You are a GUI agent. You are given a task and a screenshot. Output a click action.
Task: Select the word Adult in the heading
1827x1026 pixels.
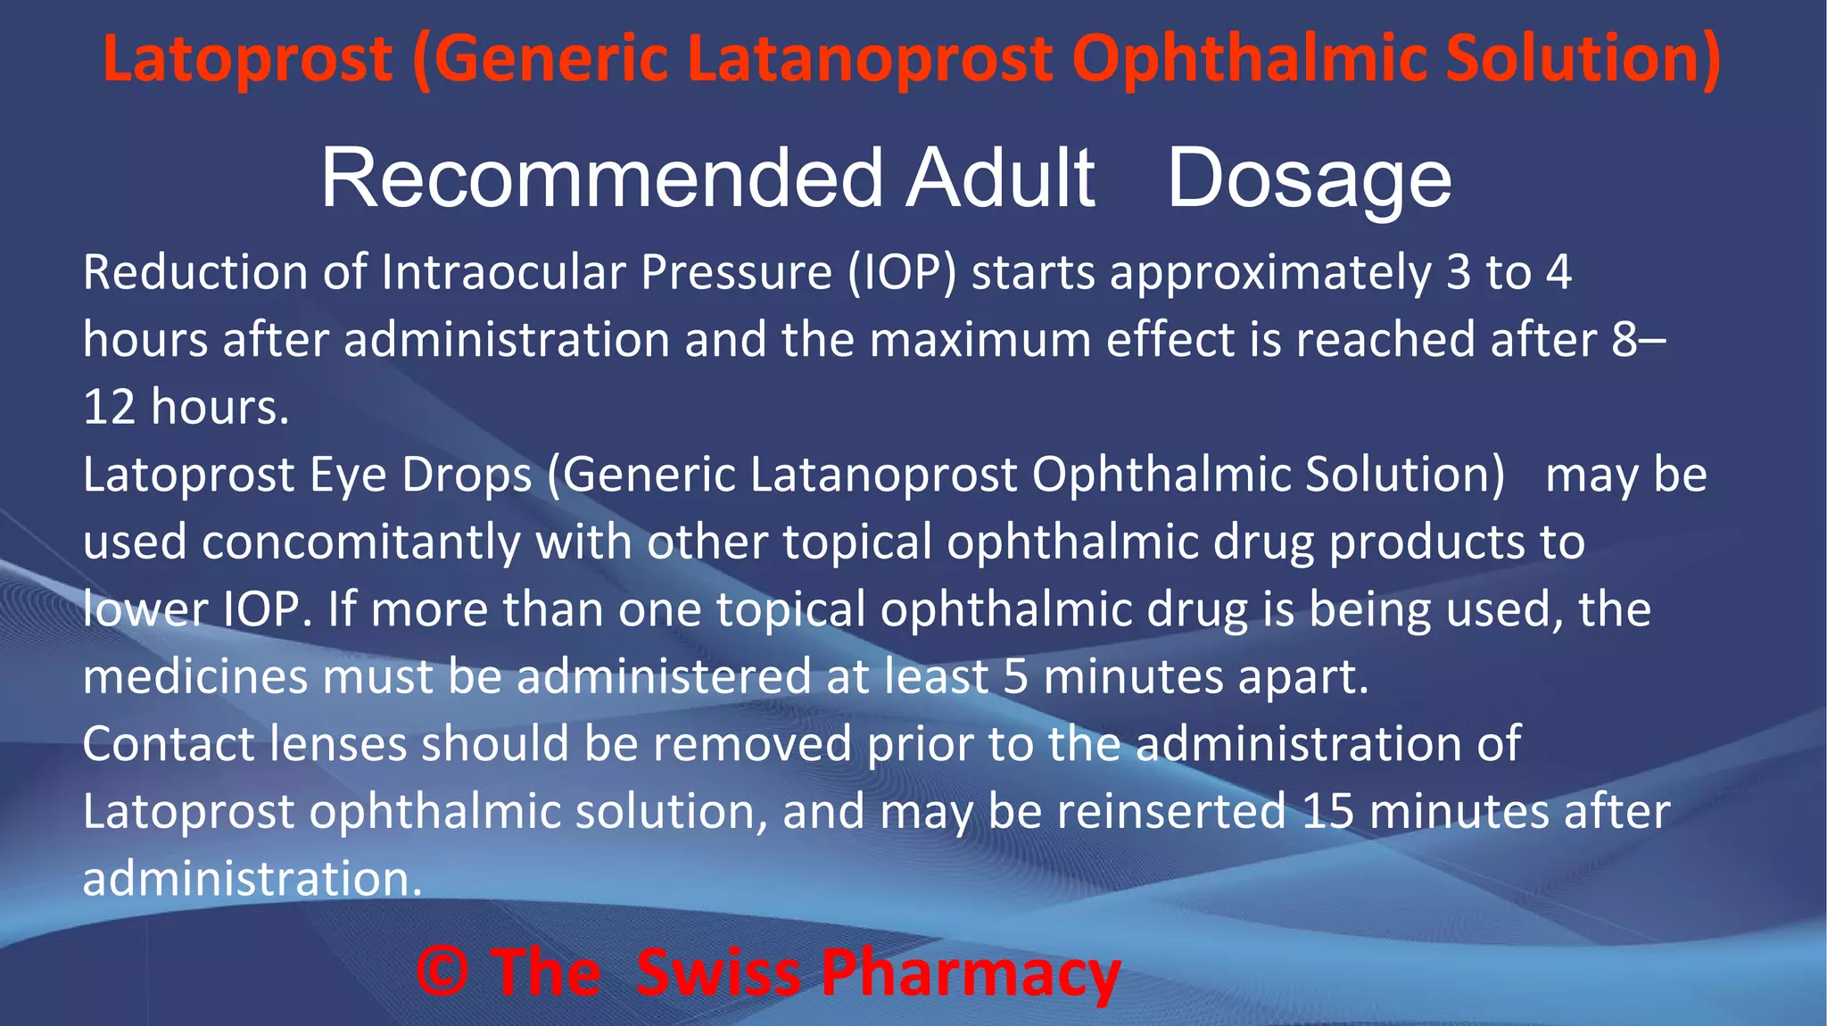tap(1000, 178)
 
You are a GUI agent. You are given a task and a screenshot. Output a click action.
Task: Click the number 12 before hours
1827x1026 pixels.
tap(109, 407)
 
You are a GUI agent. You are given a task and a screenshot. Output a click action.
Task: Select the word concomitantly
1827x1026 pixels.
tap(361, 542)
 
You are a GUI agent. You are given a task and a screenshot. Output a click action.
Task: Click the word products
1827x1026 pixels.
tap(1427, 542)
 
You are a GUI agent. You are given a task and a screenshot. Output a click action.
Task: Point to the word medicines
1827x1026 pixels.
tap(195, 676)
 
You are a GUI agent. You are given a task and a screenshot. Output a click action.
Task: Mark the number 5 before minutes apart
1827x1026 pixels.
tap(1016, 676)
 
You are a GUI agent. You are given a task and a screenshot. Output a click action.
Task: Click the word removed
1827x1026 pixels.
tap(752, 744)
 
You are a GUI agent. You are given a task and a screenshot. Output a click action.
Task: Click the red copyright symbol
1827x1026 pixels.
tap(442, 972)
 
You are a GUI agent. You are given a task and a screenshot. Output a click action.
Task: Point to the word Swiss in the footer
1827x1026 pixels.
tap(718, 972)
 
